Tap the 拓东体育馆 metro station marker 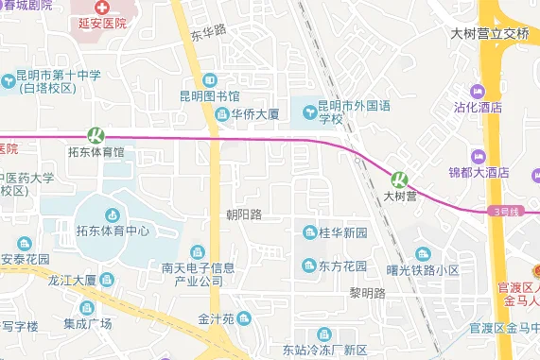pyautogui.click(x=95, y=135)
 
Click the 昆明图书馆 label pyautogui.click(x=209, y=96)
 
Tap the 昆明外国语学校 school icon pyautogui.click(x=308, y=114)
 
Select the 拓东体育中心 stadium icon pyautogui.click(x=113, y=214)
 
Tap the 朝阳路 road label pyautogui.click(x=243, y=215)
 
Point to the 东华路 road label pyautogui.click(x=209, y=33)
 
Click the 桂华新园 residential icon pyautogui.click(x=308, y=232)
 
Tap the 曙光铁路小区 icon pyautogui.click(x=422, y=254)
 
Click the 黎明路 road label pyautogui.click(x=367, y=293)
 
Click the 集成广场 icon pyautogui.click(x=87, y=308)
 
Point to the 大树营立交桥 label pyautogui.click(x=489, y=34)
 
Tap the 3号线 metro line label pyautogui.click(x=507, y=212)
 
